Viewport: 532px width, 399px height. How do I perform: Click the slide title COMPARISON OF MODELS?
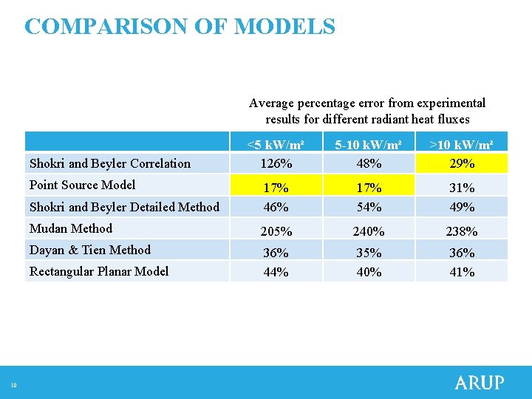tap(180, 27)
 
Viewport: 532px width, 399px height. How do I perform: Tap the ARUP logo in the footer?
tap(479, 383)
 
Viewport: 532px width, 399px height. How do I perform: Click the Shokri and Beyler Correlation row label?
tap(109, 163)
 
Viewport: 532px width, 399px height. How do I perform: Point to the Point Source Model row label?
tap(82, 185)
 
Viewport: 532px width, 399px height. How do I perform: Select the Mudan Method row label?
tap(71, 228)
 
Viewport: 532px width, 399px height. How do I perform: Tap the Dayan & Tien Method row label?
tap(89, 250)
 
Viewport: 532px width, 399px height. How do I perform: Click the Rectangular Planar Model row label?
tap(99, 271)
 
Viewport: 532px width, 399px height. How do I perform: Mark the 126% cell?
tap(276, 163)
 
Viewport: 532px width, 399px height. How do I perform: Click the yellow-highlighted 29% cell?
tap(462, 163)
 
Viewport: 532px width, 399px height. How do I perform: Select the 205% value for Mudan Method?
tap(276, 231)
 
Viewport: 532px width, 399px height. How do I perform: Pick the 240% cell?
tap(368, 231)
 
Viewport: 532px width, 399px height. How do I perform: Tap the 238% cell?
tap(462, 231)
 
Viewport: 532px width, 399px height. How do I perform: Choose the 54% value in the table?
tap(368, 207)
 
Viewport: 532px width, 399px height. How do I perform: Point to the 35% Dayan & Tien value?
tap(368, 253)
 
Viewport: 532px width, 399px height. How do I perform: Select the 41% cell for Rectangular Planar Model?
tap(462, 272)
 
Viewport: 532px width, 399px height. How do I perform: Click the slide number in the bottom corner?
tap(13, 383)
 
